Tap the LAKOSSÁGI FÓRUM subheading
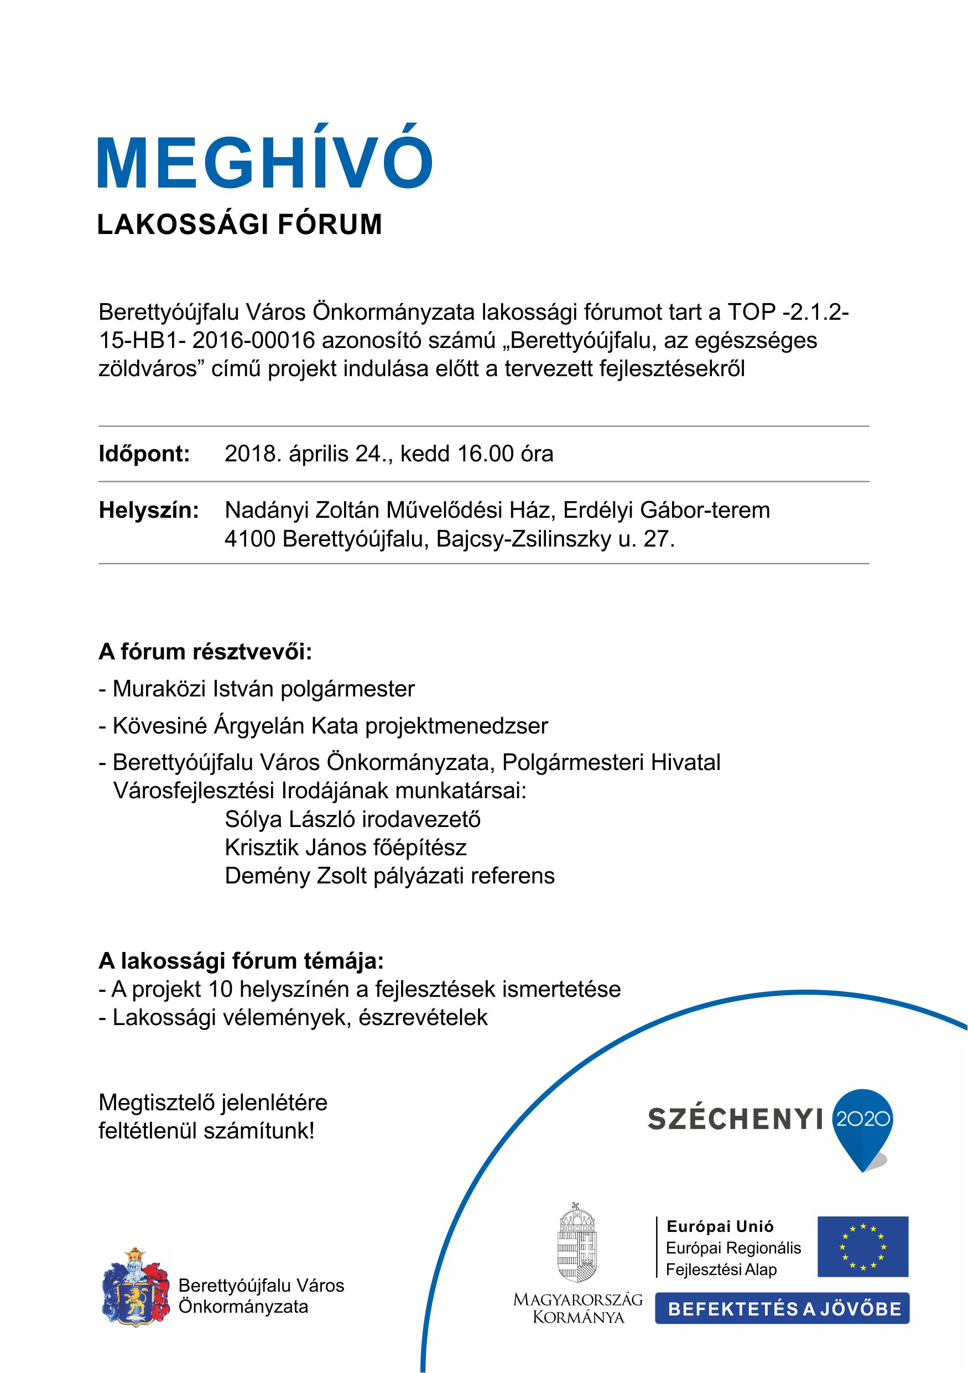point(239,225)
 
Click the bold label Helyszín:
point(148,510)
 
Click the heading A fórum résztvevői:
point(205,652)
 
